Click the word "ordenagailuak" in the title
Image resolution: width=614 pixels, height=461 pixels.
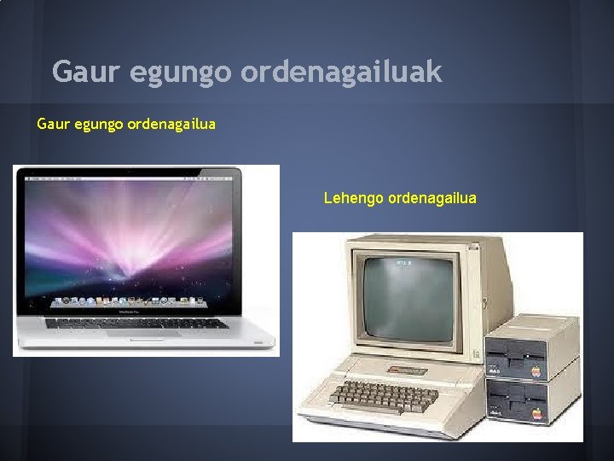coord(341,73)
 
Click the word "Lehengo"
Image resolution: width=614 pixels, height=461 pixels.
coord(353,198)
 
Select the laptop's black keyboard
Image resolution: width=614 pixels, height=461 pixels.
coord(136,323)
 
